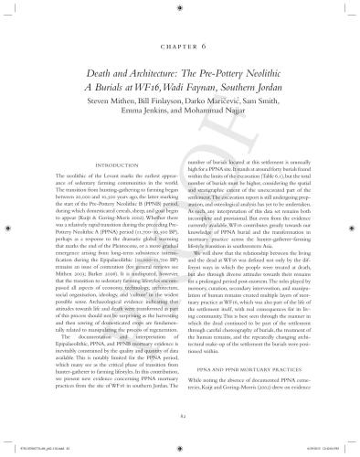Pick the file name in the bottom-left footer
(37, 452)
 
